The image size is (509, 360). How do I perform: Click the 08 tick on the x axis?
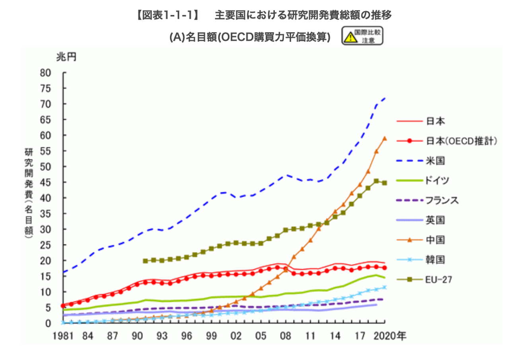286,336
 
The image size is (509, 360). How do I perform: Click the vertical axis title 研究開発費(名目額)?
29,193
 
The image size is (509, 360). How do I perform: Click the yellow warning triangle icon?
350,37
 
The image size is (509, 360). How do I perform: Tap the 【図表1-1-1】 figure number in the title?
168,15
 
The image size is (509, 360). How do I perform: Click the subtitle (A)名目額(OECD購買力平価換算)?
250,37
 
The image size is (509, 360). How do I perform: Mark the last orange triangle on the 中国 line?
385,138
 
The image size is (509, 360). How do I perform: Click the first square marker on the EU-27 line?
145,261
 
